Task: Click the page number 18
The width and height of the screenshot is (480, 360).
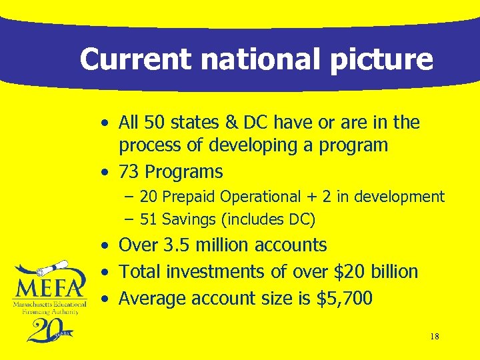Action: click(435, 337)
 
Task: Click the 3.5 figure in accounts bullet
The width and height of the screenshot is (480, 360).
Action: click(177, 245)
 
